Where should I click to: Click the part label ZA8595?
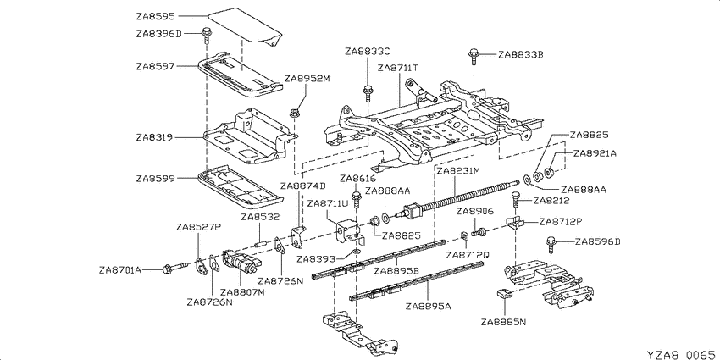pyautogui.click(x=155, y=17)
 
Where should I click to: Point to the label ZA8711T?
pyautogui.click(x=398, y=68)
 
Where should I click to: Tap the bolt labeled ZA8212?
pyautogui.click(x=516, y=201)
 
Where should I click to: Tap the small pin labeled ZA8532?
pyautogui.click(x=260, y=243)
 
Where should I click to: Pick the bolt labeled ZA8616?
pyautogui.click(x=356, y=198)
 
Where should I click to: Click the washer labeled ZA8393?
pyautogui.click(x=356, y=252)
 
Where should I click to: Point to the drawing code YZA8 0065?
pyautogui.click(x=681, y=354)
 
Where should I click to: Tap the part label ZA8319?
pyautogui.click(x=155, y=137)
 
